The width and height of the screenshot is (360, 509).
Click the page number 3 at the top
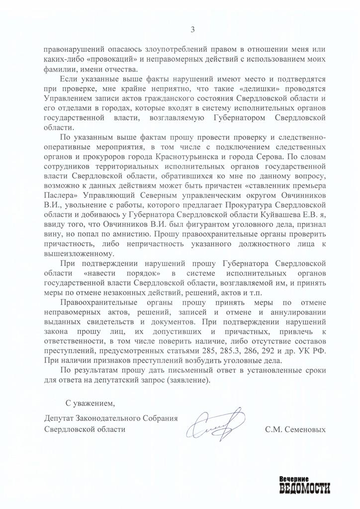click(192, 29)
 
